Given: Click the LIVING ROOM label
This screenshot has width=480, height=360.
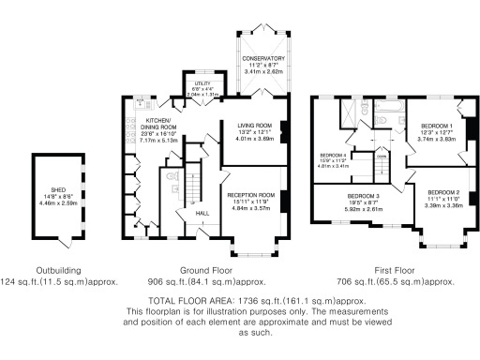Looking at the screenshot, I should coord(253,125).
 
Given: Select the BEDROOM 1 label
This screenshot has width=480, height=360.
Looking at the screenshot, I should coord(436,126).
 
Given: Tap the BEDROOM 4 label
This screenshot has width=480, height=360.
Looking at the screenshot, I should coord(333,155).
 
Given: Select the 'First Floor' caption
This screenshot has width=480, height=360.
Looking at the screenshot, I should coord(381,269).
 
